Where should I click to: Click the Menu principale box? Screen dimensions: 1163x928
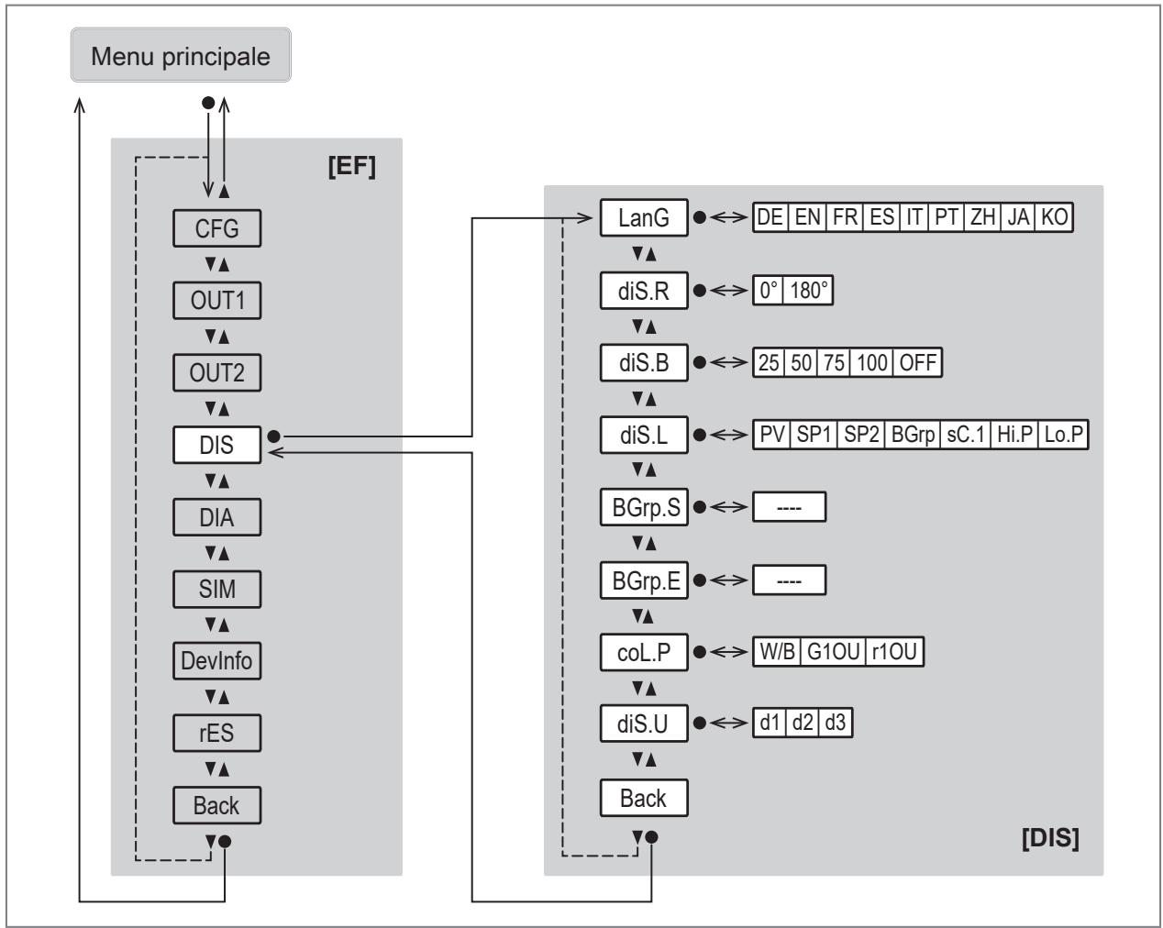(181, 55)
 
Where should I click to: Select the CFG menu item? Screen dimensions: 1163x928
(216, 228)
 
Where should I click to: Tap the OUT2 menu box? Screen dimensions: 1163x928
(216, 372)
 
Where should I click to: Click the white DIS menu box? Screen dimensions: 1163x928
(216, 445)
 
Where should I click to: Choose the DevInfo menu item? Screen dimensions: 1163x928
(216, 660)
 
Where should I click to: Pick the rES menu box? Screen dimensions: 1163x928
(216, 733)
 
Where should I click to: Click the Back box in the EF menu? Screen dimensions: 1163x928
(216, 805)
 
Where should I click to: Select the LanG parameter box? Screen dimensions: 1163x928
(644, 218)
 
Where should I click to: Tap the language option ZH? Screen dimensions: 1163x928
(982, 217)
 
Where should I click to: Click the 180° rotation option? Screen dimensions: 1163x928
(808, 291)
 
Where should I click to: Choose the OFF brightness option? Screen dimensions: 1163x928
(917, 362)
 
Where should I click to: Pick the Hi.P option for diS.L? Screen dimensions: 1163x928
(1014, 435)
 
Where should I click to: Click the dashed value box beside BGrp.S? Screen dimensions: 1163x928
(789, 507)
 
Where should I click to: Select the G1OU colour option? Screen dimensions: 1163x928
(833, 652)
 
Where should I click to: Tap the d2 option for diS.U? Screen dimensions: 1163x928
(803, 723)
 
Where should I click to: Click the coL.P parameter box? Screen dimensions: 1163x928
(644, 652)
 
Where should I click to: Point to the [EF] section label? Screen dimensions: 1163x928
(352, 166)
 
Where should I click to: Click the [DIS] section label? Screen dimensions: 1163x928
(1050, 838)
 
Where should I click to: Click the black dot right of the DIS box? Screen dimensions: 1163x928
(274, 436)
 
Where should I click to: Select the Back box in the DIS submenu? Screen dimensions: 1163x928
(644, 798)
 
